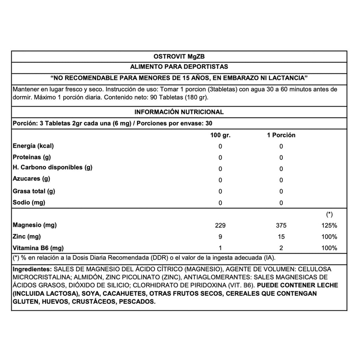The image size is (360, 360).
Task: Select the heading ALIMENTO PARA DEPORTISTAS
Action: pyautogui.click(x=179, y=66)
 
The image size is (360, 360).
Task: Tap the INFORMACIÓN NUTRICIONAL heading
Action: pyautogui.click(x=179, y=112)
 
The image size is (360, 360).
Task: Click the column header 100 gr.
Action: pyautogui.click(x=220, y=135)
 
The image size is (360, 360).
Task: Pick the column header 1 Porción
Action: pyautogui.click(x=281, y=135)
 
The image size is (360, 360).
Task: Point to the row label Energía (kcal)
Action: pyautogui.click(x=33, y=146)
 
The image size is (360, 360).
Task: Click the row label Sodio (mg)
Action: pyautogui.click(x=29, y=202)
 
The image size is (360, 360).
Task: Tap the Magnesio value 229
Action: pyautogui.click(x=220, y=225)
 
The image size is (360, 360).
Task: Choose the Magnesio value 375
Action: pyautogui.click(x=281, y=225)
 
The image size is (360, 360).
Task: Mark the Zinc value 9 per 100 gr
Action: pyautogui.click(x=220, y=237)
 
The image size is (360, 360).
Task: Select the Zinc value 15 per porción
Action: pyautogui.click(x=281, y=237)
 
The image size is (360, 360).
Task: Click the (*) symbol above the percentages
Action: pyautogui.click(x=330, y=214)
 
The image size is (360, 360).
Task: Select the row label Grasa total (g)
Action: pyautogui.click(x=34, y=191)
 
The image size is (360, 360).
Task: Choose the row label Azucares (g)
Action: pyautogui.click(x=31, y=179)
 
